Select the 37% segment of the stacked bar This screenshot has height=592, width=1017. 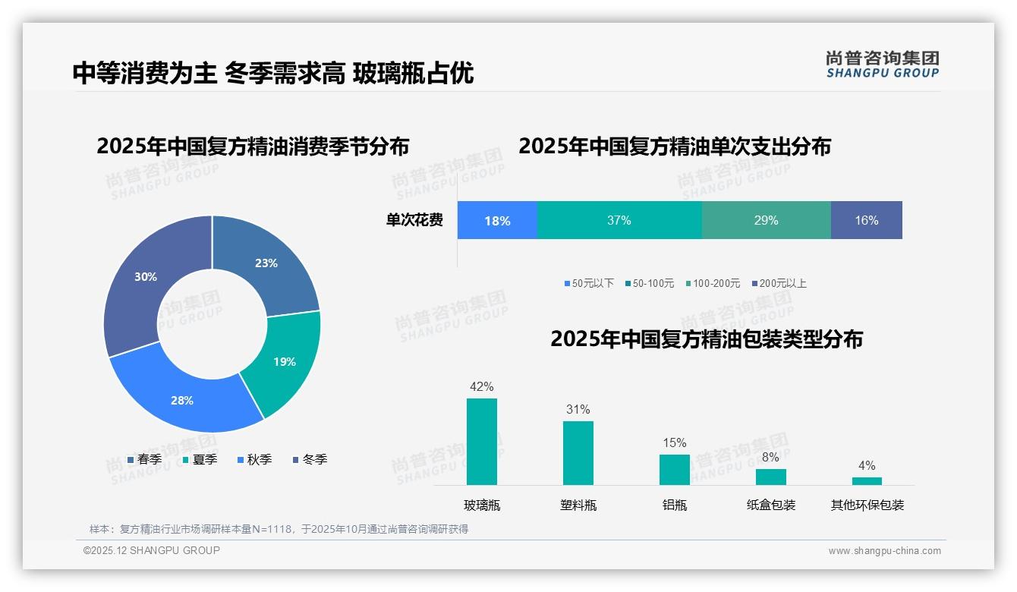point(619,220)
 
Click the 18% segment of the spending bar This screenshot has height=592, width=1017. point(497,220)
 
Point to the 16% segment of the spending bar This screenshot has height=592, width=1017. point(866,220)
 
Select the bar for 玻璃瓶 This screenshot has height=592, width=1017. point(482,442)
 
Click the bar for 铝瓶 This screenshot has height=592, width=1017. point(674,469)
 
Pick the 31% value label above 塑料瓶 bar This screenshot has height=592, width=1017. point(578,409)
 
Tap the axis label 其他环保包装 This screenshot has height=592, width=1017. point(867,505)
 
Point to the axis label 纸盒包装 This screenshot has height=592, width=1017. point(770,505)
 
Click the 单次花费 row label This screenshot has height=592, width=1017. point(414,220)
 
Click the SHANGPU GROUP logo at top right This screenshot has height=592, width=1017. point(882,65)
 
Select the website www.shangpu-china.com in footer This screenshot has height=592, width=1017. point(884,550)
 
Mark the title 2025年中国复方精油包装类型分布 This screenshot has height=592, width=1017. point(706,339)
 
